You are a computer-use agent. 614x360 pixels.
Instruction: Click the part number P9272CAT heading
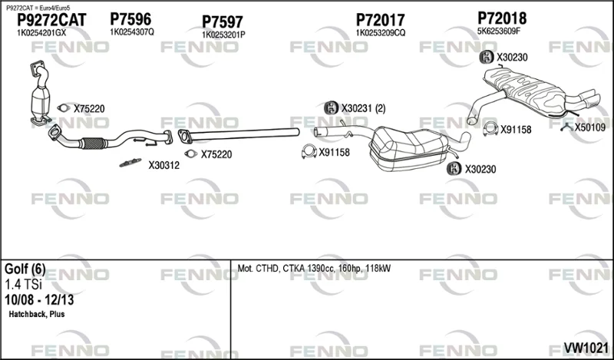point(51,20)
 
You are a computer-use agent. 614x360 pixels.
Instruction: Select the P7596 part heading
point(130,18)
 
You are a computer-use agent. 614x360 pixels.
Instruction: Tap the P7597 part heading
point(223,22)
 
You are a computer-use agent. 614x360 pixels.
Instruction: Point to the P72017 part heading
point(380,20)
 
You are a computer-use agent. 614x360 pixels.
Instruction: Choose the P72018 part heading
point(502,18)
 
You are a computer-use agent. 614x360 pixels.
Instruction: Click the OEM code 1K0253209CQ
point(380,33)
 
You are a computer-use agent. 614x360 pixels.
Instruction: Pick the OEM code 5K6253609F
point(498,31)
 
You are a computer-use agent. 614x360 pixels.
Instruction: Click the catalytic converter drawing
point(41,94)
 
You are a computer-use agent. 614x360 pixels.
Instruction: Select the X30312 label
point(163,165)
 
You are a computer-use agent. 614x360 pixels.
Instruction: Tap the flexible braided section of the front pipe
point(93,144)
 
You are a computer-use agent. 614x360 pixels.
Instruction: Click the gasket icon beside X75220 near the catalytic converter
point(64,108)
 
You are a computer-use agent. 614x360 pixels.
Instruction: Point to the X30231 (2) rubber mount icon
point(332,107)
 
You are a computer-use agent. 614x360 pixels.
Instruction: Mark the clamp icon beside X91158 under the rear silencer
point(490,129)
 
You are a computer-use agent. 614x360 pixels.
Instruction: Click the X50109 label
point(589,127)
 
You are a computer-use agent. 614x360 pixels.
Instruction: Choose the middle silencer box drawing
point(408,149)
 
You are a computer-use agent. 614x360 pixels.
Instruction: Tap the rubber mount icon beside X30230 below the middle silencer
point(454,168)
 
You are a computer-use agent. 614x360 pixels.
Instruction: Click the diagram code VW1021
point(586,348)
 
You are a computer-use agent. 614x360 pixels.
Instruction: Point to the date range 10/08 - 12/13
point(39,300)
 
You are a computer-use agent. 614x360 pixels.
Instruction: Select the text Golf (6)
point(25,269)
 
